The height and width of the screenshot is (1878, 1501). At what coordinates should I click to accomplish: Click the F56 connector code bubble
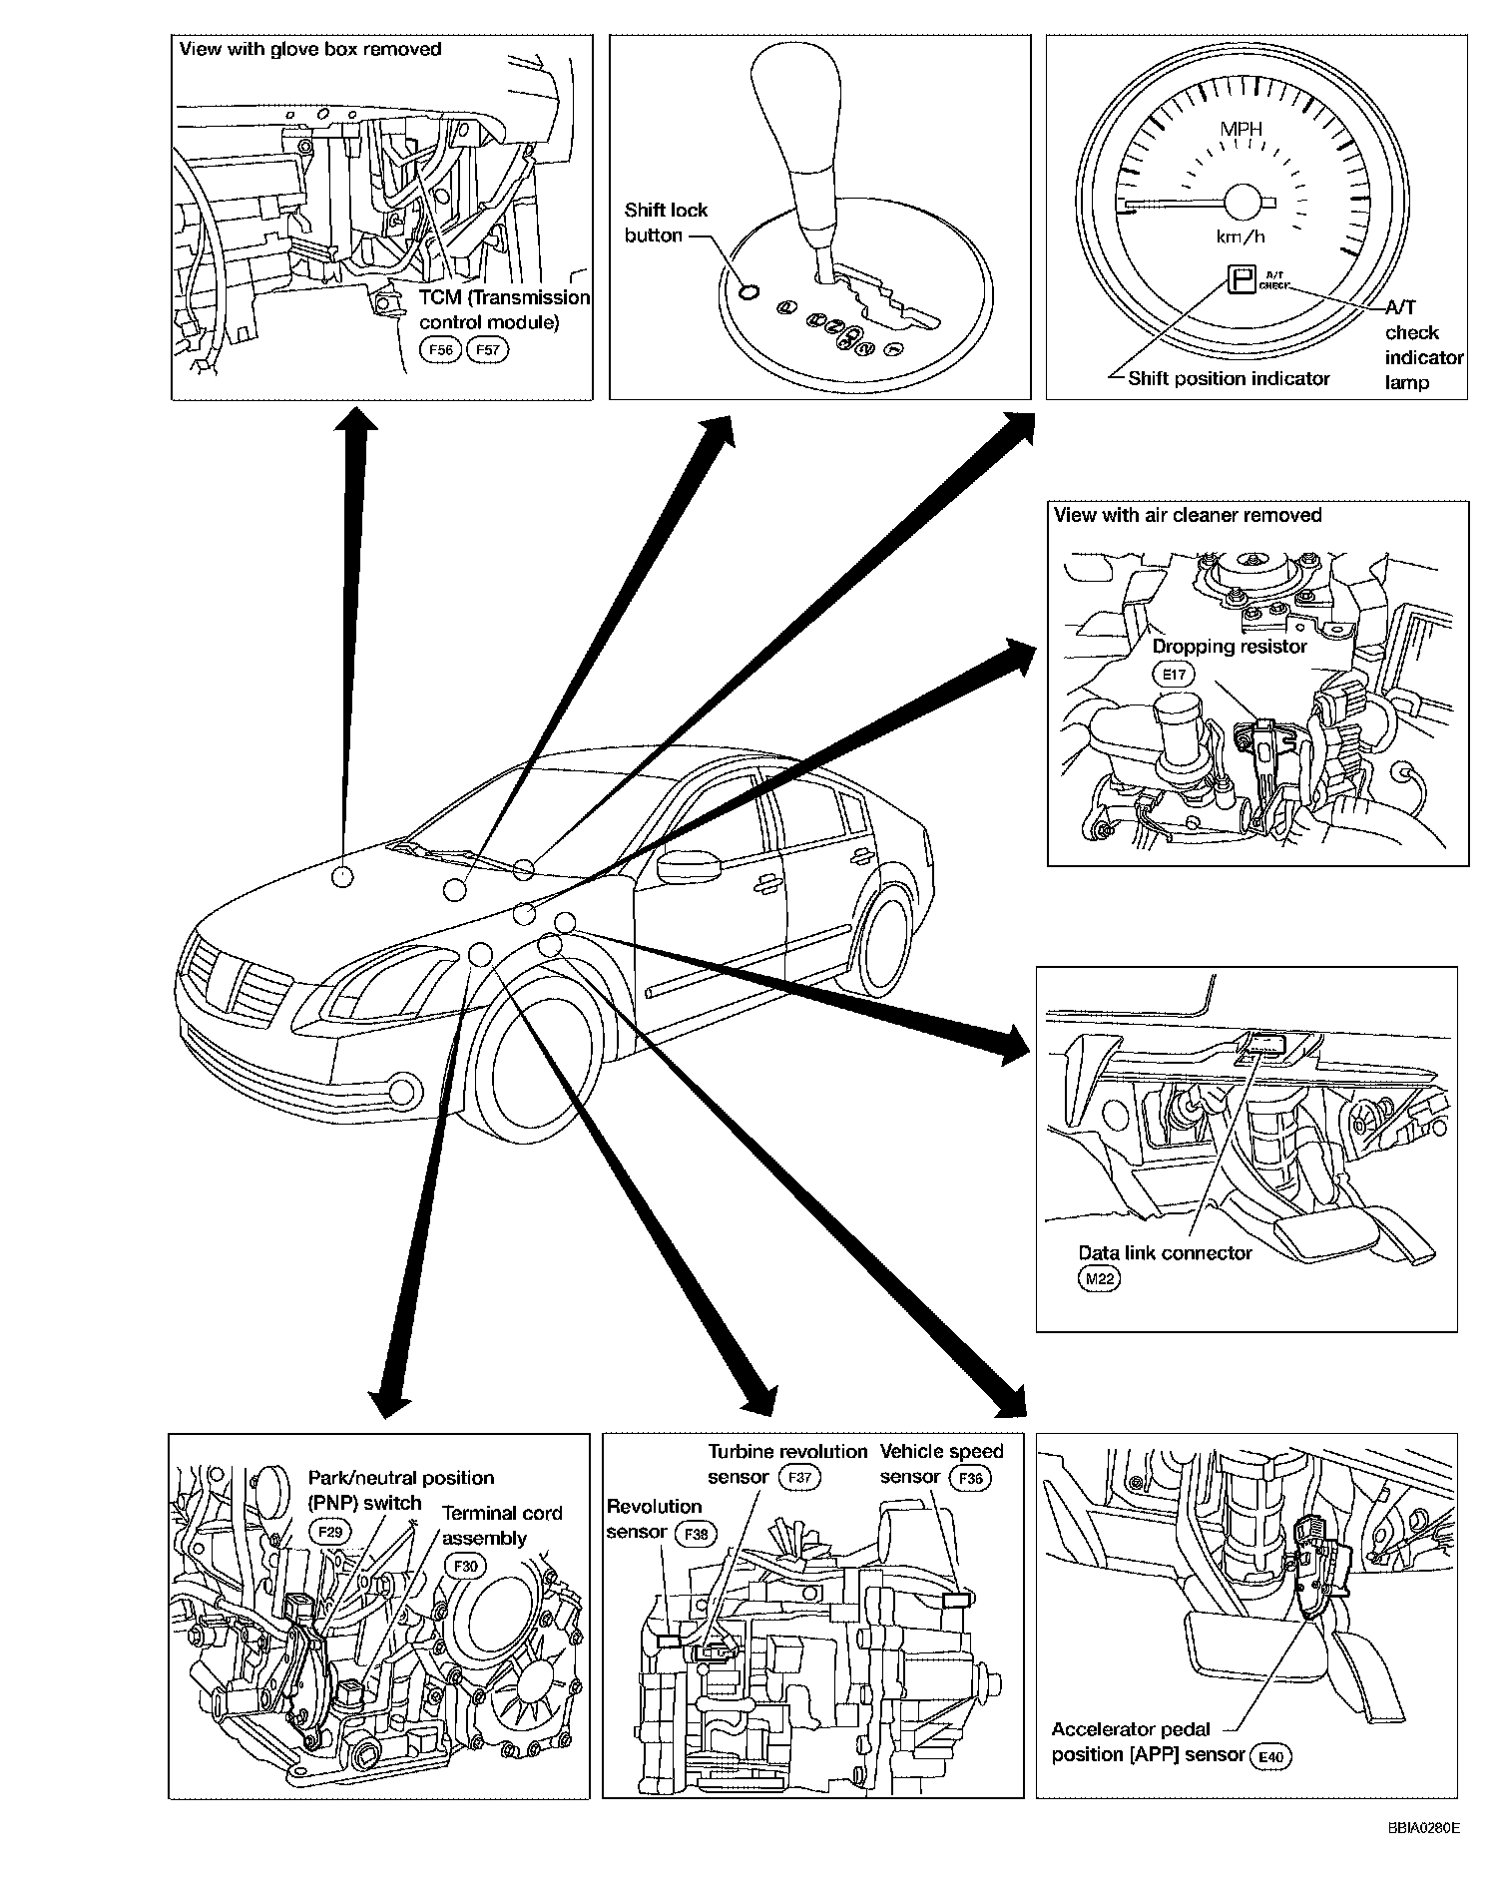(440, 350)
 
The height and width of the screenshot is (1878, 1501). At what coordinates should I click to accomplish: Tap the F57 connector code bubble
(488, 350)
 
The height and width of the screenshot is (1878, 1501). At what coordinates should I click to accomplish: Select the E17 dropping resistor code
(1174, 675)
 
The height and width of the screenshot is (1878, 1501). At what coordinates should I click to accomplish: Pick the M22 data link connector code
(1100, 1279)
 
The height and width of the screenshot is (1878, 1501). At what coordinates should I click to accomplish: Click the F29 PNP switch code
(329, 1530)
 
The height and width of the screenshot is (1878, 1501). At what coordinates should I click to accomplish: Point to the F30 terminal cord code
(465, 1566)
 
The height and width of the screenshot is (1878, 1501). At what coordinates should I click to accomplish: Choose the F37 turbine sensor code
(797, 1477)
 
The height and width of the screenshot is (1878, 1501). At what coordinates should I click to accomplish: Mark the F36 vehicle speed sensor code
(970, 1477)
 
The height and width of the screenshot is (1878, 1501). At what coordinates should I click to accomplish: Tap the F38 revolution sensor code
(696, 1533)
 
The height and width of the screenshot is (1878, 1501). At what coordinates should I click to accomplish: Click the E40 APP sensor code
(1270, 1755)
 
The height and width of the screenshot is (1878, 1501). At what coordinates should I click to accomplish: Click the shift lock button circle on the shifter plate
(750, 291)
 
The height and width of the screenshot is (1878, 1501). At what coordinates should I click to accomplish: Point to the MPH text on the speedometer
(1241, 129)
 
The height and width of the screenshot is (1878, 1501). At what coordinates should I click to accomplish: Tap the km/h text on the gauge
(1241, 236)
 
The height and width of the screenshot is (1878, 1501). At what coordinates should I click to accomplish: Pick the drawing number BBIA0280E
(1422, 1828)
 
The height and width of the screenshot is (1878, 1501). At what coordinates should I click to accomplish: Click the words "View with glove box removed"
(309, 49)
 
